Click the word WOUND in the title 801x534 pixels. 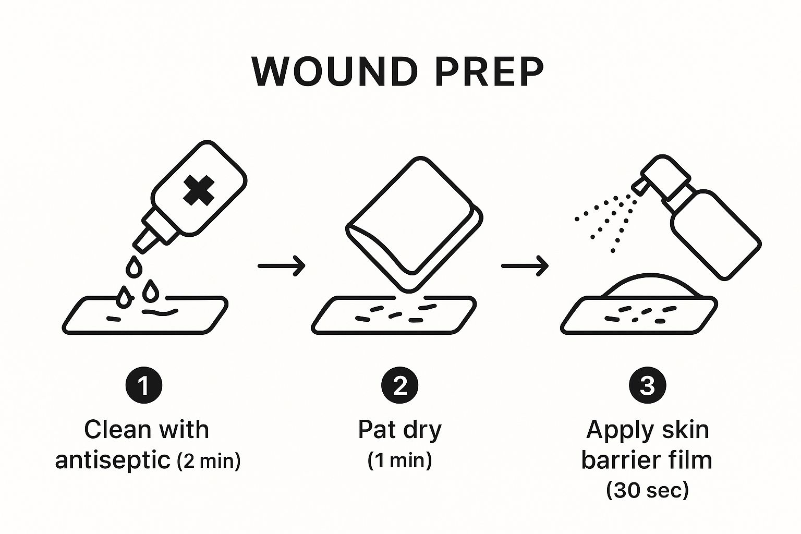334,71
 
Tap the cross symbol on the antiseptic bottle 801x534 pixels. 199,190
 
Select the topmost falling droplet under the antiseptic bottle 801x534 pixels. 134,266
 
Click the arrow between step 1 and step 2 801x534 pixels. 282,265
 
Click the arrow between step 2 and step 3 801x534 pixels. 525,265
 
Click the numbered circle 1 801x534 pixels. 143,386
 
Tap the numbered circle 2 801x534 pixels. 400,386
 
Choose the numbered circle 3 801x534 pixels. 647,386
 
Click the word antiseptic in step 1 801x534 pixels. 113,460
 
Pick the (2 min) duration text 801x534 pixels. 209,461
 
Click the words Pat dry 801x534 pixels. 400,430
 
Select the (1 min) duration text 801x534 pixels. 400,460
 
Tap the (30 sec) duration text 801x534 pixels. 647,490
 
